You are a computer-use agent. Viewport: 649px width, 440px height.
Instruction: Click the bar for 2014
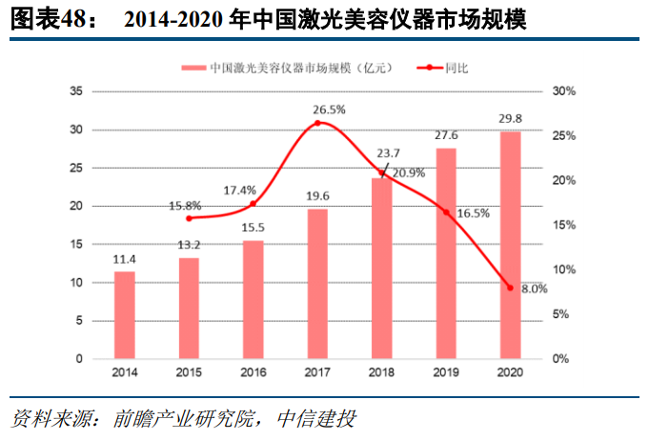[125, 315]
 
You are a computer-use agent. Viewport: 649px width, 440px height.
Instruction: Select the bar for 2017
[317, 284]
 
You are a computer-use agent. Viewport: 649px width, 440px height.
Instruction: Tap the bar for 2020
[511, 245]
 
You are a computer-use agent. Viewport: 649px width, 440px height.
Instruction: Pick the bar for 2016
[254, 299]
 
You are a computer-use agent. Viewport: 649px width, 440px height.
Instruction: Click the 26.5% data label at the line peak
[329, 110]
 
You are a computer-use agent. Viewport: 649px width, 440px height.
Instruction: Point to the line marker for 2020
[511, 288]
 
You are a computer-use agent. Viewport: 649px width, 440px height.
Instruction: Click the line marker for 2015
[189, 218]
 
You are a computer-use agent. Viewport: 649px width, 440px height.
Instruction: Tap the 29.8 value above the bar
[511, 118]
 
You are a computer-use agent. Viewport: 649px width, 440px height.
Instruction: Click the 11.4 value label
[125, 259]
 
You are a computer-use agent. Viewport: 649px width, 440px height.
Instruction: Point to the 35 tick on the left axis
[76, 91]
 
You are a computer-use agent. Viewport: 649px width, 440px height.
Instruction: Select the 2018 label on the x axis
[382, 372]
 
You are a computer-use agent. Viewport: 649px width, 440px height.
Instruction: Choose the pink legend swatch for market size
[193, 69]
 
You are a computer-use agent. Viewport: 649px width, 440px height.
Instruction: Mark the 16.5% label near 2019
[474, 214]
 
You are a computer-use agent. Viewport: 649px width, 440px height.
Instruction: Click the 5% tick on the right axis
[562, 314]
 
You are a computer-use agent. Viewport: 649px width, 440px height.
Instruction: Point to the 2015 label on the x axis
[189, 372]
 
